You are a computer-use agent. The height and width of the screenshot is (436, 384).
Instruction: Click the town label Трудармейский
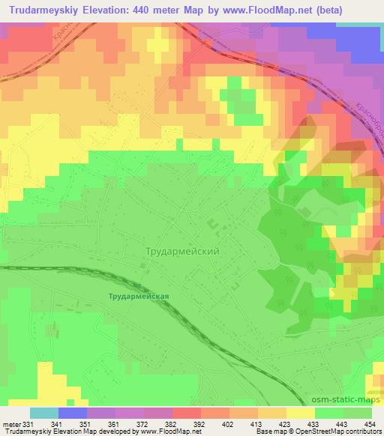(184, 252)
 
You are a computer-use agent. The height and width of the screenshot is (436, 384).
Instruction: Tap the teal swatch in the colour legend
(44, 413)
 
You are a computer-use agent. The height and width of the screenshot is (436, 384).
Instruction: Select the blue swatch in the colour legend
(73, 413)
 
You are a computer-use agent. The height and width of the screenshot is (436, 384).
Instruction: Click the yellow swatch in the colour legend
(301, 413)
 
